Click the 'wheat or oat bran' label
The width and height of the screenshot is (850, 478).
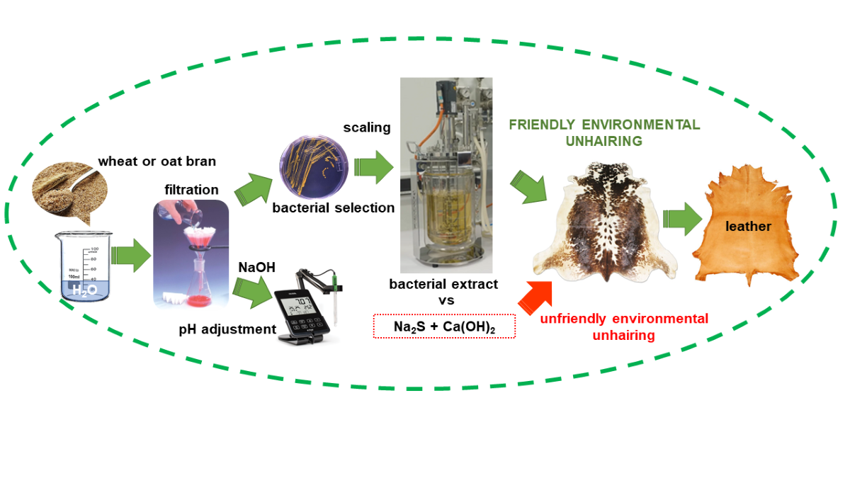pos(157,161)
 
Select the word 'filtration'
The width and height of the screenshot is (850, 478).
pos(192,190)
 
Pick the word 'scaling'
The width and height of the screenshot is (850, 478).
pos(367,127)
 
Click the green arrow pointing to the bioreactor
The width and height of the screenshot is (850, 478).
pos(373,168)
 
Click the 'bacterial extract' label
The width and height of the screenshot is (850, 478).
pos(443,284)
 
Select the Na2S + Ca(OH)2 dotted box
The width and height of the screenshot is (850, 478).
pos(444,326)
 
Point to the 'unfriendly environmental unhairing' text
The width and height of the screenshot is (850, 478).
pos(623,326)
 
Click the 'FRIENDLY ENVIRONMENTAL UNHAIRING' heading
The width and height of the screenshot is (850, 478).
pos(604,132)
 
